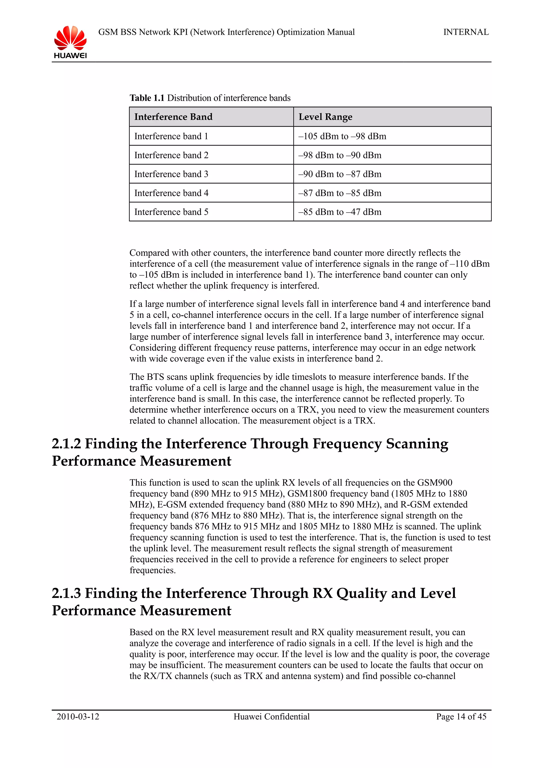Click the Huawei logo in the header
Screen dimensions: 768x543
tap(70, 42)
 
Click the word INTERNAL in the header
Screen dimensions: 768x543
tap(466, 32)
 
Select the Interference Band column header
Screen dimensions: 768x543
tap(173, 117)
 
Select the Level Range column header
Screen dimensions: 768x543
tap(325, 117)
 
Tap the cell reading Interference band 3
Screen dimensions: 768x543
tap(171, 174)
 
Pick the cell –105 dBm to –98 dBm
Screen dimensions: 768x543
tap(342, 136)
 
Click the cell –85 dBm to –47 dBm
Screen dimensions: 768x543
tap(340, 212)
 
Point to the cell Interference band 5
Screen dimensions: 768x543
tap(171, 212)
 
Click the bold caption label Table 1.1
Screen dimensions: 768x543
tap(147, 98)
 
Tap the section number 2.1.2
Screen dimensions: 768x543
tap(66, 444)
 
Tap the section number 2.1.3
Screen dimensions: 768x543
tap(66, 593)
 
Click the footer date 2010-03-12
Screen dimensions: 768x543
tap(78, 717)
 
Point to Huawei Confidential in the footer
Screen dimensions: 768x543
tap(271, 717)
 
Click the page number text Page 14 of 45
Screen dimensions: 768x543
tap(461, 717)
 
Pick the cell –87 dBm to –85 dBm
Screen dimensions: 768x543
tap(340, 193)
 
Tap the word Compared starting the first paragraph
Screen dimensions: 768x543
tap(149, 253)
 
